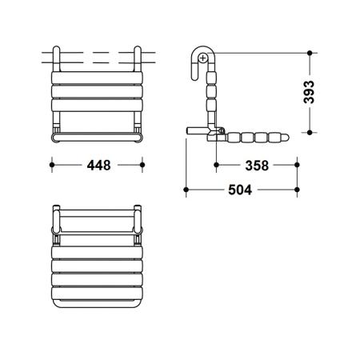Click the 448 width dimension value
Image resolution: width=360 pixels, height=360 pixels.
click(98, 166)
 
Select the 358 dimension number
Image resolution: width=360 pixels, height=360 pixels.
click(257, 166)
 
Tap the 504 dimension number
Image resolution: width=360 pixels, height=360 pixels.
click(240, 190)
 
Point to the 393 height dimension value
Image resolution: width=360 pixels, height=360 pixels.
click(309, 92)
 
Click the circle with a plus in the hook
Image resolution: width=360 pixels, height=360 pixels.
click(203, 58)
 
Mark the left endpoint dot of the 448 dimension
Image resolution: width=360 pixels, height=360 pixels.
click(52, 165)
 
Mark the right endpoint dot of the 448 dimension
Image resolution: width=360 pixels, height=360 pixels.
click(142, 165)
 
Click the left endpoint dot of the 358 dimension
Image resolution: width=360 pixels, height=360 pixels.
click(216, 165)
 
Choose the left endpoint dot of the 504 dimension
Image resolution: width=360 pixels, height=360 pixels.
click(186, 190)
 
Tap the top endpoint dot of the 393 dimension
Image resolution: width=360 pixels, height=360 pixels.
click(310, 53)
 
